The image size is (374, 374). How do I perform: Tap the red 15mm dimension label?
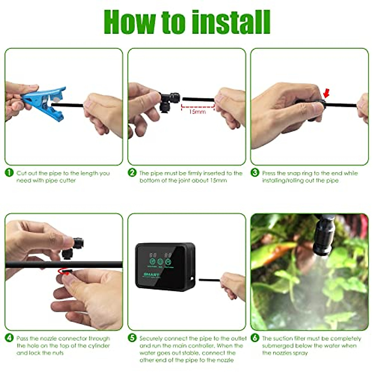tap(197, 111)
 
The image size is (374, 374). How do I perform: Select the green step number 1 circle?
tap(9, 173)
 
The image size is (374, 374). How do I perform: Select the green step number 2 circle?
tap(132, 173)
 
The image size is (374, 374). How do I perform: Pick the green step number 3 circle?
tap(255, 173)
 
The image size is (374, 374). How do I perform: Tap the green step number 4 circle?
tap(9, 338)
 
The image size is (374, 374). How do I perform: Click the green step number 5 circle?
tap(132, 338)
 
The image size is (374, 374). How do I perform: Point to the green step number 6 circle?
tap(255, 338)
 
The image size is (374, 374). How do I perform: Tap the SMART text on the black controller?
tap(151, 275)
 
